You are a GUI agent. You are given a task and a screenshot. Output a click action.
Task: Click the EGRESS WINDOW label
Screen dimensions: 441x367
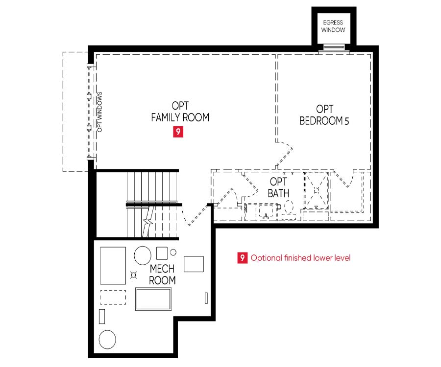[333, 26]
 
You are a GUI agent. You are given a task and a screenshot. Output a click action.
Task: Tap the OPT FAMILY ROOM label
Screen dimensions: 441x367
[180, 112]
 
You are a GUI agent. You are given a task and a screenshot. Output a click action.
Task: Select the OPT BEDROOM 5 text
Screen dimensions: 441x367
[324, 115]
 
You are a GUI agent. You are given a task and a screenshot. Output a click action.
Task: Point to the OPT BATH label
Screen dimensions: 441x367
[278, 187]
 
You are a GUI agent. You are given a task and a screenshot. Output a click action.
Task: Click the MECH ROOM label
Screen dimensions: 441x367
[162, 275]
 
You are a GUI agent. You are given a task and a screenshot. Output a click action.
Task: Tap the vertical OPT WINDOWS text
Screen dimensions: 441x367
[99, 112]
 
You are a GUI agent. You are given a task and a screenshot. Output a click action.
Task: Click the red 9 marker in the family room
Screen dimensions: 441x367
[178, 132]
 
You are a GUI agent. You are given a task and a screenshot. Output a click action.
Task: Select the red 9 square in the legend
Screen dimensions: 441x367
[243, 257]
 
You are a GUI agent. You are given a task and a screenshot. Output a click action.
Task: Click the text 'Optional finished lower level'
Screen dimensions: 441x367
[300, 258]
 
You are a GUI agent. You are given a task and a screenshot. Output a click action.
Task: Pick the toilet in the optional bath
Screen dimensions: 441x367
[289, 210]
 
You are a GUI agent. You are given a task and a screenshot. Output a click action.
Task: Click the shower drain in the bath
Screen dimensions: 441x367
[317, 190]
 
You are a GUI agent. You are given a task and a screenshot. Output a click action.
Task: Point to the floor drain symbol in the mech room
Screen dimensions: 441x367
[134, 275]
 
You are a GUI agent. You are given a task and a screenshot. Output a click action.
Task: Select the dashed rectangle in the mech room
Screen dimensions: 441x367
[113, 297]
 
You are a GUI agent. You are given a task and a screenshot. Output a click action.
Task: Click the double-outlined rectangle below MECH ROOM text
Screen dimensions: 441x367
[153, 299]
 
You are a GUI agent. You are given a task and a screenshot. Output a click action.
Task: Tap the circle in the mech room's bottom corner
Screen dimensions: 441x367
[107, 339]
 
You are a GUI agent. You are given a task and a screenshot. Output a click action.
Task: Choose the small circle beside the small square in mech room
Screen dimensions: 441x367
[173, 252]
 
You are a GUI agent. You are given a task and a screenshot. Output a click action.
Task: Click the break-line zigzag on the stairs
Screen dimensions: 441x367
[148, 221]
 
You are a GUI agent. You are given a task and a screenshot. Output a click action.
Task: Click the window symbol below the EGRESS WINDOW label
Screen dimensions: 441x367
[333, 46]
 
